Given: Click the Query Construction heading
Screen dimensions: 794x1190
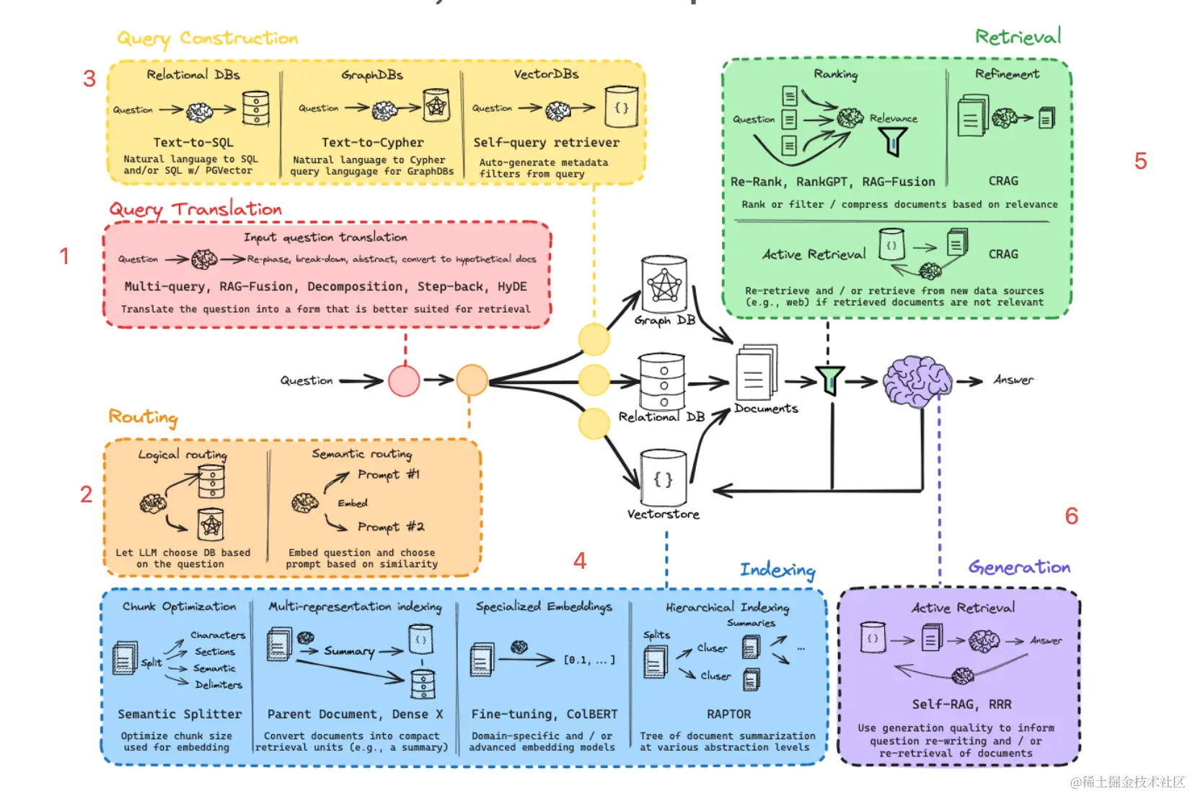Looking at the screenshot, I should pos(208,38).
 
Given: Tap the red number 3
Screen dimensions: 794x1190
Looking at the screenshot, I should pos(89,79).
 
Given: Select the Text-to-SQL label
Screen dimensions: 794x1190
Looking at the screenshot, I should pos(193,142).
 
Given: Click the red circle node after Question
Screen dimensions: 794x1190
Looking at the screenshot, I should pos(404,380).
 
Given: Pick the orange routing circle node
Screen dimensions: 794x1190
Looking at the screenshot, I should pos(472,380).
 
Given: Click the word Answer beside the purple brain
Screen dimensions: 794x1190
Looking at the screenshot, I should pos(1013,380).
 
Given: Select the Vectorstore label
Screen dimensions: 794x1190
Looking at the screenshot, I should pos(663,514).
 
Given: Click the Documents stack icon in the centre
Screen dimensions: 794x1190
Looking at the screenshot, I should pos(755,374).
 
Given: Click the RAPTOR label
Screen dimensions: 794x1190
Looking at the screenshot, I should pos(728,714).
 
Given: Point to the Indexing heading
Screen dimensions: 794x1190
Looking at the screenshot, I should pos(777,570).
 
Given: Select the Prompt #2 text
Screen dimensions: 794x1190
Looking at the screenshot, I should pos(391,527).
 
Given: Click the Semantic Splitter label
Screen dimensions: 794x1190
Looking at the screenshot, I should pos(180,714).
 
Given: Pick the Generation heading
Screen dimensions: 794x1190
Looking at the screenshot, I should pos(1019,567).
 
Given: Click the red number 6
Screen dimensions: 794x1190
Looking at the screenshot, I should pos(1072,516).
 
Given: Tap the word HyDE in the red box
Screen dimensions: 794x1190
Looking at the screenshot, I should pos(512,287).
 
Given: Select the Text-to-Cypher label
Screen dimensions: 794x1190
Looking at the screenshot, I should pos(372,142).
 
